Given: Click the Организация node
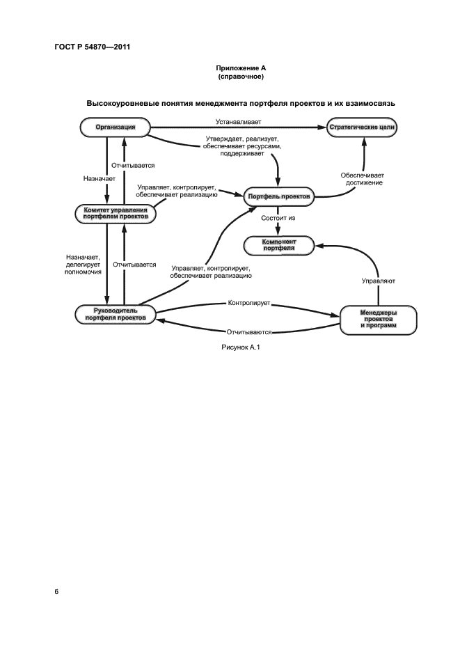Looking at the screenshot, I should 115,127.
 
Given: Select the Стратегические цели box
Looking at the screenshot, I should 363,128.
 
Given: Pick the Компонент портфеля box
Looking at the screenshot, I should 279,244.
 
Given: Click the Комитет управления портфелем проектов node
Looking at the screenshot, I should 116,213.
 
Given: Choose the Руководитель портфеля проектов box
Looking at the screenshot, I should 116,314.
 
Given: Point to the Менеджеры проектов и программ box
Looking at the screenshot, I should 378,320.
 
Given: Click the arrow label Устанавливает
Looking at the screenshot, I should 238,122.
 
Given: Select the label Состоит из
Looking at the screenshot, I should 278,219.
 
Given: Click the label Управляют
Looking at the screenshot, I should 379,282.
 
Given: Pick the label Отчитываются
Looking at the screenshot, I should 249,331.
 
